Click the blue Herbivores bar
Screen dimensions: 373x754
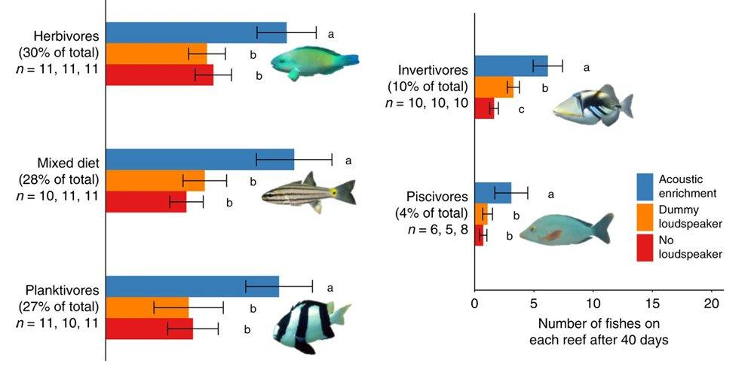pyautogui.click(x=196, y=32)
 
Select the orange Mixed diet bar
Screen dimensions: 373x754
pyautogui.click(x=155, y=181)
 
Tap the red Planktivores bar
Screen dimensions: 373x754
pyautogui.click(x=149, y=329)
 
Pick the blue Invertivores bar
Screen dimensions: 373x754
pyautogui.click(x=511, y=66)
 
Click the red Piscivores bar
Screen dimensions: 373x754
pyautogui.click(x=479, y=235)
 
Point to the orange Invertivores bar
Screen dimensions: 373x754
pyautogui.click(x=494, y=87)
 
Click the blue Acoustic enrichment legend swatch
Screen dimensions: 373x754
pyautogui.click(x=644, y=185)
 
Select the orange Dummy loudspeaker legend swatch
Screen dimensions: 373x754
pyautogui.click(x=644, y=216)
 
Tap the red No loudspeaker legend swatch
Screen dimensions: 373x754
pyautogui.click(x=644, y=247)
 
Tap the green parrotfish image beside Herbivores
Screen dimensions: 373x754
pyautogui.click(x=314, y=60)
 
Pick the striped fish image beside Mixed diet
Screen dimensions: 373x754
pyautogui.click(x=309, y=192)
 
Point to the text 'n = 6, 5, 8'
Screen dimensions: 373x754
pyautogui.click(x=433, y=231)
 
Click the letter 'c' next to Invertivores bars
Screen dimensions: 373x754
pyautogui.click(x=521, y=110)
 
